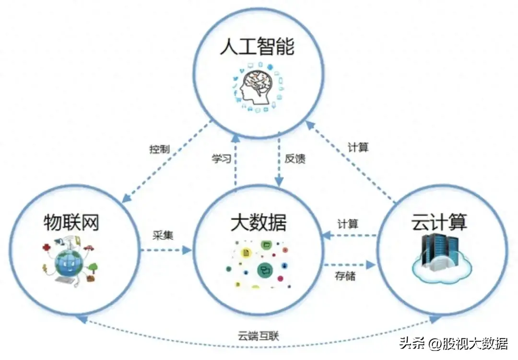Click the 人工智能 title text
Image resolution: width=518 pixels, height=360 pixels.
coord(258,48)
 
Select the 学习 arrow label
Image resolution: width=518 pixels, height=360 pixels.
coord(222,159)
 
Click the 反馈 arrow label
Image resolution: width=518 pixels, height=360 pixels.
coord(295,159)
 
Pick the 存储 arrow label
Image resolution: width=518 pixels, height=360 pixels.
coord(345,276)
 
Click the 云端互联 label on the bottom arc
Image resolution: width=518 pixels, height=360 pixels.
coord(259,336)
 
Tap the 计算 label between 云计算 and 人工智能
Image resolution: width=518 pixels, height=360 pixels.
coord(358,147)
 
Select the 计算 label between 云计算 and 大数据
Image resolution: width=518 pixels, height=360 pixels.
coord(348,223)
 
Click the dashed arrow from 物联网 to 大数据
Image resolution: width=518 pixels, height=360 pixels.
coord(165,250)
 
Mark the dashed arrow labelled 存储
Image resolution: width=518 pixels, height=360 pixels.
coord(349,264)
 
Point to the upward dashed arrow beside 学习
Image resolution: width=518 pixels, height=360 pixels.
coord(235,161)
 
